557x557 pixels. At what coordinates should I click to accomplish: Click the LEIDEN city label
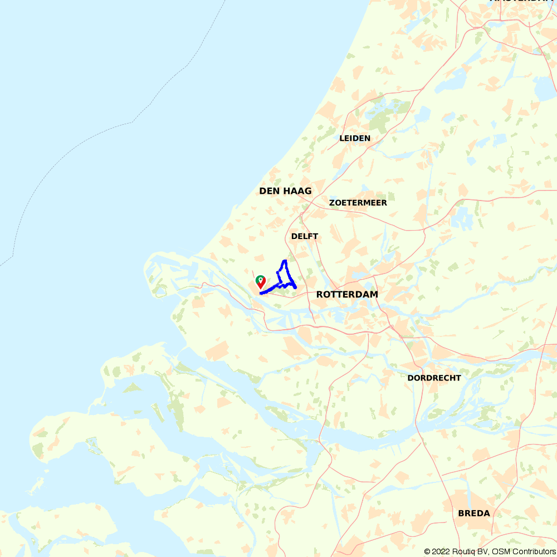click(355, 138)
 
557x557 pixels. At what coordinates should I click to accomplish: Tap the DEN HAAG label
click(285, 191)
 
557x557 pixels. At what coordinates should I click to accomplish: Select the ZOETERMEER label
click(358, 203)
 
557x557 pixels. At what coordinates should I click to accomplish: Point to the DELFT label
click(305, 236)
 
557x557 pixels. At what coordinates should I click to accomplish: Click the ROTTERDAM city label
click(347, 294)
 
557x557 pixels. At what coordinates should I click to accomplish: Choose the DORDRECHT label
click(434, 378)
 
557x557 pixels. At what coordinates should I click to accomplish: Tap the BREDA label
click(474, 513)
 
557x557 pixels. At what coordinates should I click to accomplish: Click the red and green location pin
click(260, 282)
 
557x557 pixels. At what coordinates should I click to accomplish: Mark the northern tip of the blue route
click(285, 261)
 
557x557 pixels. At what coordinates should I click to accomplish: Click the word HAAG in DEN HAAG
click(297, 191)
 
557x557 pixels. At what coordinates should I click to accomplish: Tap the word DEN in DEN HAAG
click(269, 191)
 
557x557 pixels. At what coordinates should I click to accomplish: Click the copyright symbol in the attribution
click(428, 551)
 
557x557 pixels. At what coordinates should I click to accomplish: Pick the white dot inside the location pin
click(260, 278)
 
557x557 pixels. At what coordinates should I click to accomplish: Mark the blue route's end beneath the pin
click(261, 292)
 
